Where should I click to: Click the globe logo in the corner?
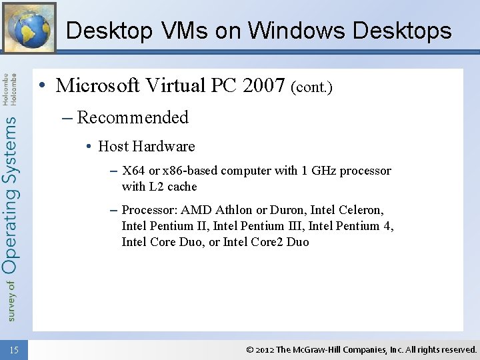pyautogui.click(x=29, y=27)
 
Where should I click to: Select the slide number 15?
pyautogui.click(x=15, y=350)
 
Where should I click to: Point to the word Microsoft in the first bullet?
pyautogui.click(x=98, y=85)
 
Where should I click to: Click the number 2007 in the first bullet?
pyautogui.click(x=263, y=85)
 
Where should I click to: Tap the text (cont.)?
pyautogui.click(x=311, y=87)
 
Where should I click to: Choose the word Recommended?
pyautogui.click(x=133, y=117)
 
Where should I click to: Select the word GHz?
pyautogui.click(x=323, y=171)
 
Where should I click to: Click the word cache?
pyautogui.click(x=181, y=187)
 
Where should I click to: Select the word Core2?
pyautogui.click(x=267, y=242)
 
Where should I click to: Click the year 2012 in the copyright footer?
pyautogui.click(x=265, y=349)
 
